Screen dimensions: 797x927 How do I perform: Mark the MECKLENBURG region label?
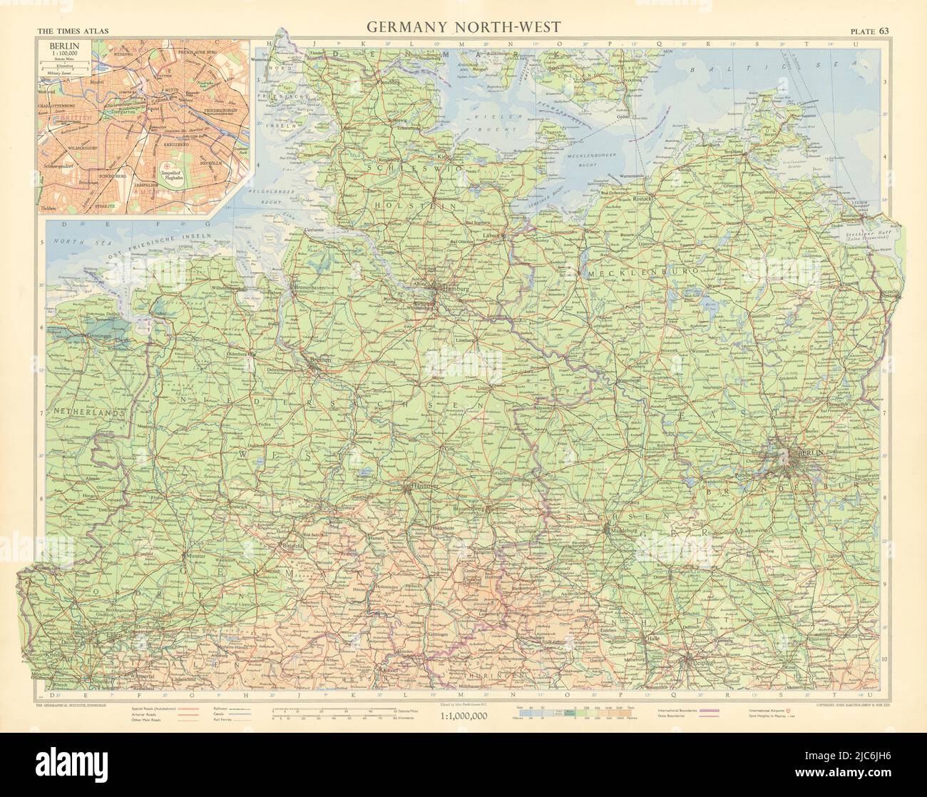(625, 273)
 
